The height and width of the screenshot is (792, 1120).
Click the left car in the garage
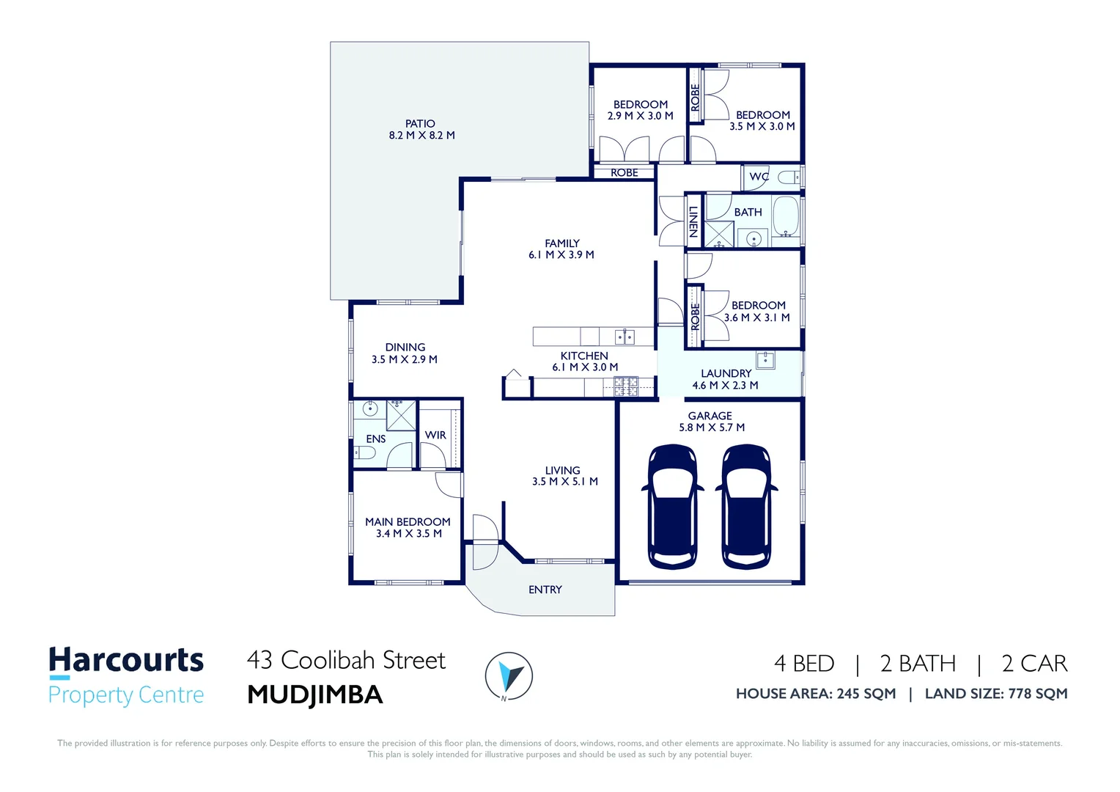tap(672, 507)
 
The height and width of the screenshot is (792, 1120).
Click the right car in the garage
tap(746, 507)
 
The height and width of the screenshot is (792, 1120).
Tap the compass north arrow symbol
tap(508, 675)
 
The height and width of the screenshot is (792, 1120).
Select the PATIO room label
tap(420, 124)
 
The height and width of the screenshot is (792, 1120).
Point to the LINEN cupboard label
tap(693, 221)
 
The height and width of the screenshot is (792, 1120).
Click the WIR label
tap(435, 435)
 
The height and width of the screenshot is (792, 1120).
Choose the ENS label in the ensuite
tap(375, 439)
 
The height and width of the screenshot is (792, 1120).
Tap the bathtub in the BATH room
tap(785, 216)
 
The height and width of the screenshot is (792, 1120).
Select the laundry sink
tap(765, 360)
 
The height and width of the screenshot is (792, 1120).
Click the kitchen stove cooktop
tap(625, 386)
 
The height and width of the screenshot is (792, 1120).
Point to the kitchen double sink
tap(625, 337)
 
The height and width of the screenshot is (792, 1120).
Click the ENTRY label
tap(545, 590)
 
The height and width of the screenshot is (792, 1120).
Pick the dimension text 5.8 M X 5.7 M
tap(711, 428)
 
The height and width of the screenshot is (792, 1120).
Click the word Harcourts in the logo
tap(126, 660)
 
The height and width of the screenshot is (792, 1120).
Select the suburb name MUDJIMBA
tap(315, 694)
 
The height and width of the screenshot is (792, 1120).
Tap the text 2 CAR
tap(1034, 664)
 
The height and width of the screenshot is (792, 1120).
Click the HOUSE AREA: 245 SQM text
tap(815, 694)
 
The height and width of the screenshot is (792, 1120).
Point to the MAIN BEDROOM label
tap(408, 521)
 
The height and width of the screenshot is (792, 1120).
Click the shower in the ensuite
tap(400, 415)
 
